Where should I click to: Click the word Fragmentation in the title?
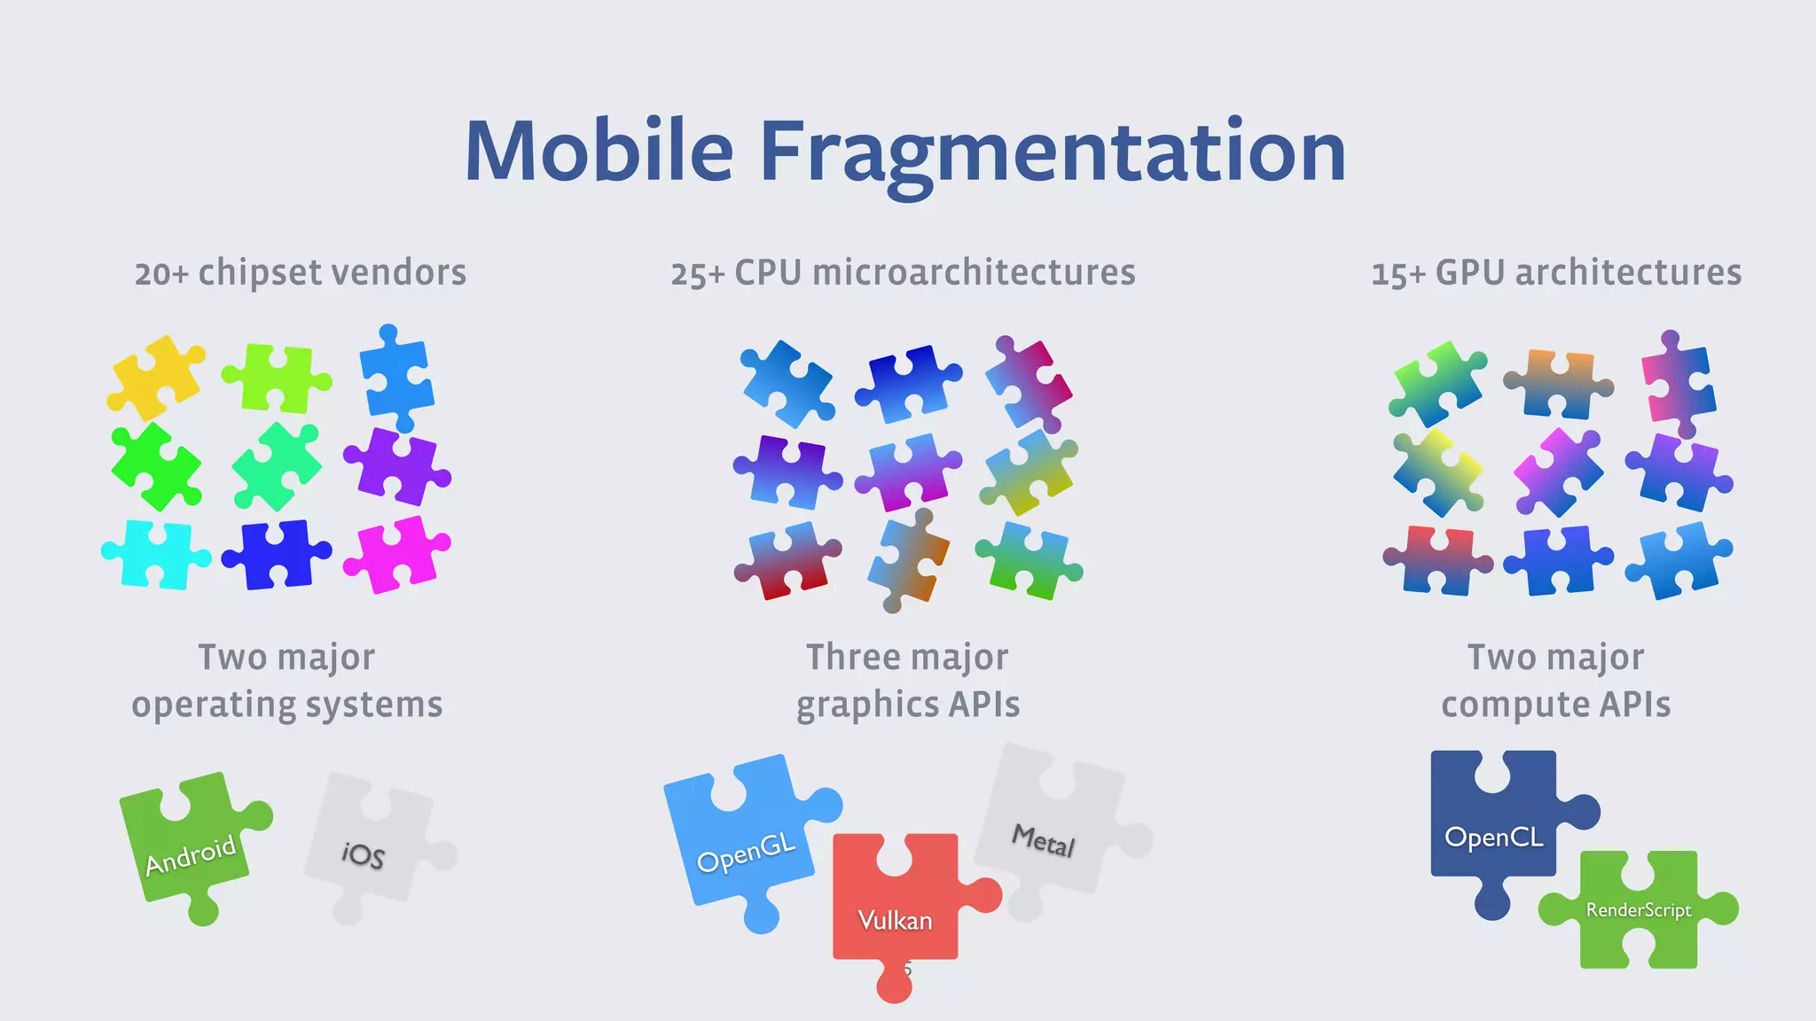click(x=1053, y=152)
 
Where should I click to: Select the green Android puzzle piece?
click(x=191, y=846)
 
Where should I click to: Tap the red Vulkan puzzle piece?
click(x=896, y=913)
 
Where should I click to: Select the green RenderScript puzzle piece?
click(x=1639, y=909)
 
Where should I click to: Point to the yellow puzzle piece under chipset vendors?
click(x=156, y=377)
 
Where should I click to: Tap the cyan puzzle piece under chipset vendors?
click(x=156, y=554)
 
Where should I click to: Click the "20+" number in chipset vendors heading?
click(x=161, y=273)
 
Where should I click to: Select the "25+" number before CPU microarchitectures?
click(x=698, y=274)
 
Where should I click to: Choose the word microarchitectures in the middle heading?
click(x=974, y=273)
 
